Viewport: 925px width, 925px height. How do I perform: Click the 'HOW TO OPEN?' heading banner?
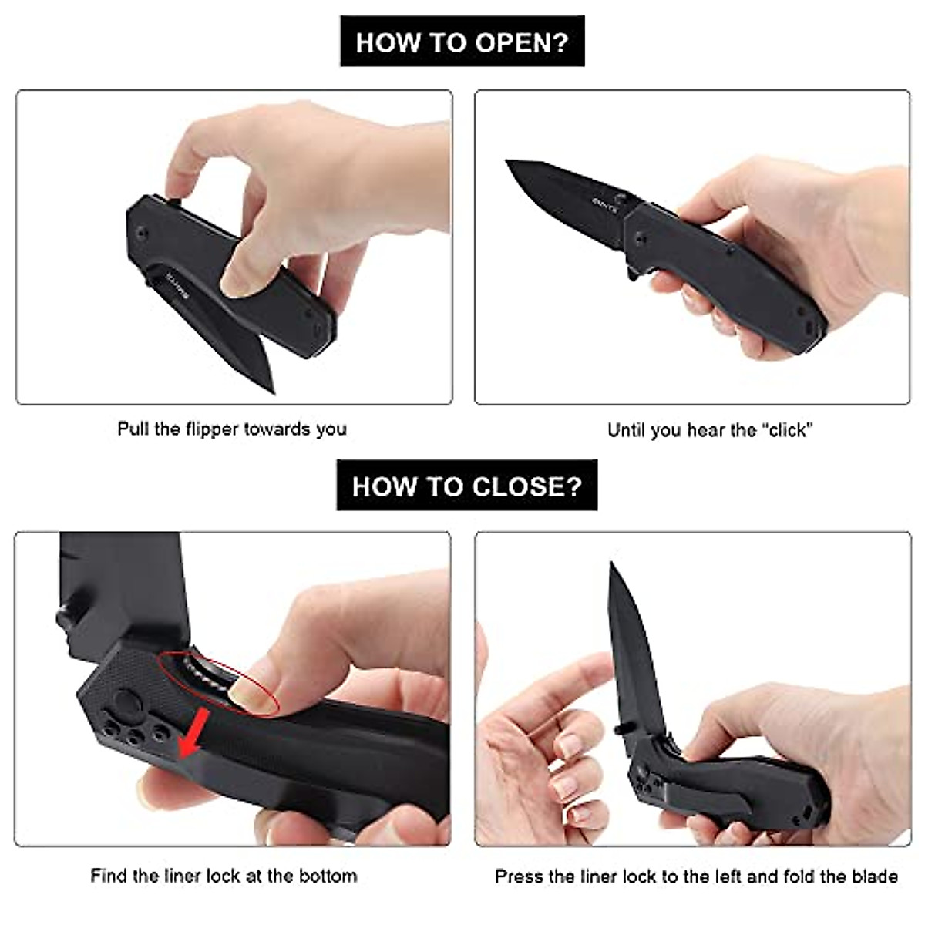tap(462, 42)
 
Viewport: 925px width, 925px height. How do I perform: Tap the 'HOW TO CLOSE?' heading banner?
tap(466, 486)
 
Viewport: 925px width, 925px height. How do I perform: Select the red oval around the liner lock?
tap(219, 681)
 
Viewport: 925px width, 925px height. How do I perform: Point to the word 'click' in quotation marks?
tap(788, 430)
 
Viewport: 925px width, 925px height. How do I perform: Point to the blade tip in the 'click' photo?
tap(510, 163)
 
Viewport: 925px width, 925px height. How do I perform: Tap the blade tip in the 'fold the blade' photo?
tap(612, 565)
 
